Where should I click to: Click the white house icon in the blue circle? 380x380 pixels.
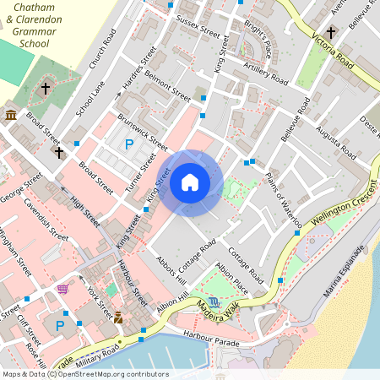pos(190,182)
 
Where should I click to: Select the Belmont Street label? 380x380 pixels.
pos(167,84)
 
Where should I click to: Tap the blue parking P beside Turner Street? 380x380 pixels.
pos(129,145)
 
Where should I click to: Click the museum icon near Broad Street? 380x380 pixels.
pos(11,114)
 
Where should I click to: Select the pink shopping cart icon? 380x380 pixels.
pos(62,289)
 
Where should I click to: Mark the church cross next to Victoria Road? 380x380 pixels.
pos(330,32)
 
